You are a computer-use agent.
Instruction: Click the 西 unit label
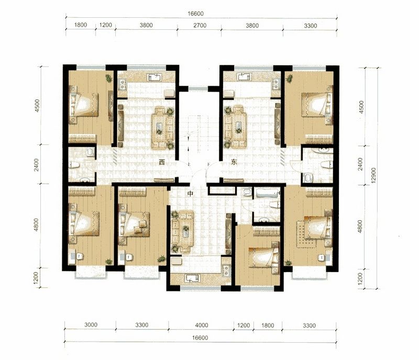[162, 162]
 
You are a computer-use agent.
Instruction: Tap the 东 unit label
[234, 162]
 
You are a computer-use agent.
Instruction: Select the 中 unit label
[190, 194]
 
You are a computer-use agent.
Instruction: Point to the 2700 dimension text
[200, 25]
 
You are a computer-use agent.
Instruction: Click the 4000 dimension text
[202, 325]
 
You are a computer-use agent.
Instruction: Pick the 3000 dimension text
[91, 325]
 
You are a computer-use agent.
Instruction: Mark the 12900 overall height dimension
[373, 175]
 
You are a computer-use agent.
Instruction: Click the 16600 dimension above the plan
[195, 14]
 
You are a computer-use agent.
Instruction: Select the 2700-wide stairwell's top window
[198, 88]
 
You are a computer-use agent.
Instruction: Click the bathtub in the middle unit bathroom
[267, 193]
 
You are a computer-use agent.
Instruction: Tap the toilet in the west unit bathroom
[74, 165]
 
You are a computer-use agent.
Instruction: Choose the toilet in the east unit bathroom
[326, 164]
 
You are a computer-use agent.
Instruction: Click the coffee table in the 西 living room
[160, 128]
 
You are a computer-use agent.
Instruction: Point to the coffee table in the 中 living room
[185, 231]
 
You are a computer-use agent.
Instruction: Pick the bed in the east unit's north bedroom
[317, 105]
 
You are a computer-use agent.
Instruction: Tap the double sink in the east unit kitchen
[275, 85]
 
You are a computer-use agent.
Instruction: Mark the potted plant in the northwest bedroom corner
[109, 78]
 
